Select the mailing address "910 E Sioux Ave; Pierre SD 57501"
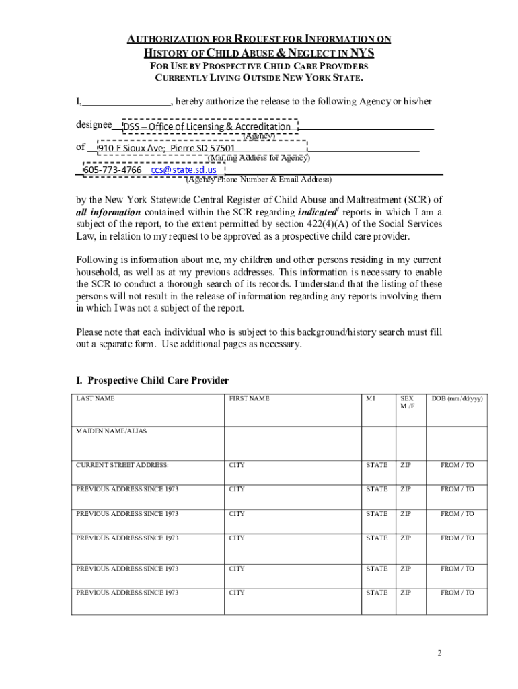click(168, 148)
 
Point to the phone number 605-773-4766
click(112, 170)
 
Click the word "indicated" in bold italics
click(316, 211)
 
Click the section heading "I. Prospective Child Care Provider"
click(152, 380)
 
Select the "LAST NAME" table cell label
click(95, 398)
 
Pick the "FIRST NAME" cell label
click(249, 398)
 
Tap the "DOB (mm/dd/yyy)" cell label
click(457, 398)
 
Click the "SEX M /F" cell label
click(408, 402)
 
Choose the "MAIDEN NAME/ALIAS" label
click(111, 431)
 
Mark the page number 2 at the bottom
click(439, 653)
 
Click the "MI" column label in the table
click(370, 398)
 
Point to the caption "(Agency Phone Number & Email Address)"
click(258, 180)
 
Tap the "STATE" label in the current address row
click(377, 465)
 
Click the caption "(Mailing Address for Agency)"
click(258, 158)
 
